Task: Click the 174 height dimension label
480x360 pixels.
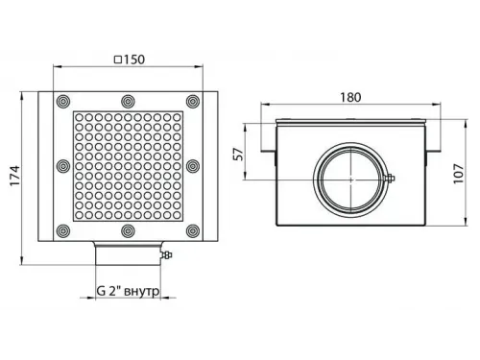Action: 15,176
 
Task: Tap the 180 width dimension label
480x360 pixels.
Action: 350,97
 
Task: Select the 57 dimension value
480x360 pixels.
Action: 239,154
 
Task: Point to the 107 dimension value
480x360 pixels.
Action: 459,174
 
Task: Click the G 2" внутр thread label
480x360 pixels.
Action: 128,291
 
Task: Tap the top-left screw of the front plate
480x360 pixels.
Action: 63,101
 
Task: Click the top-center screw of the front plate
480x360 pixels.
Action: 128,101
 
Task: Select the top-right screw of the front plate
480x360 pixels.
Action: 193,101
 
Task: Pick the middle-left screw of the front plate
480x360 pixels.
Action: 63,166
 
